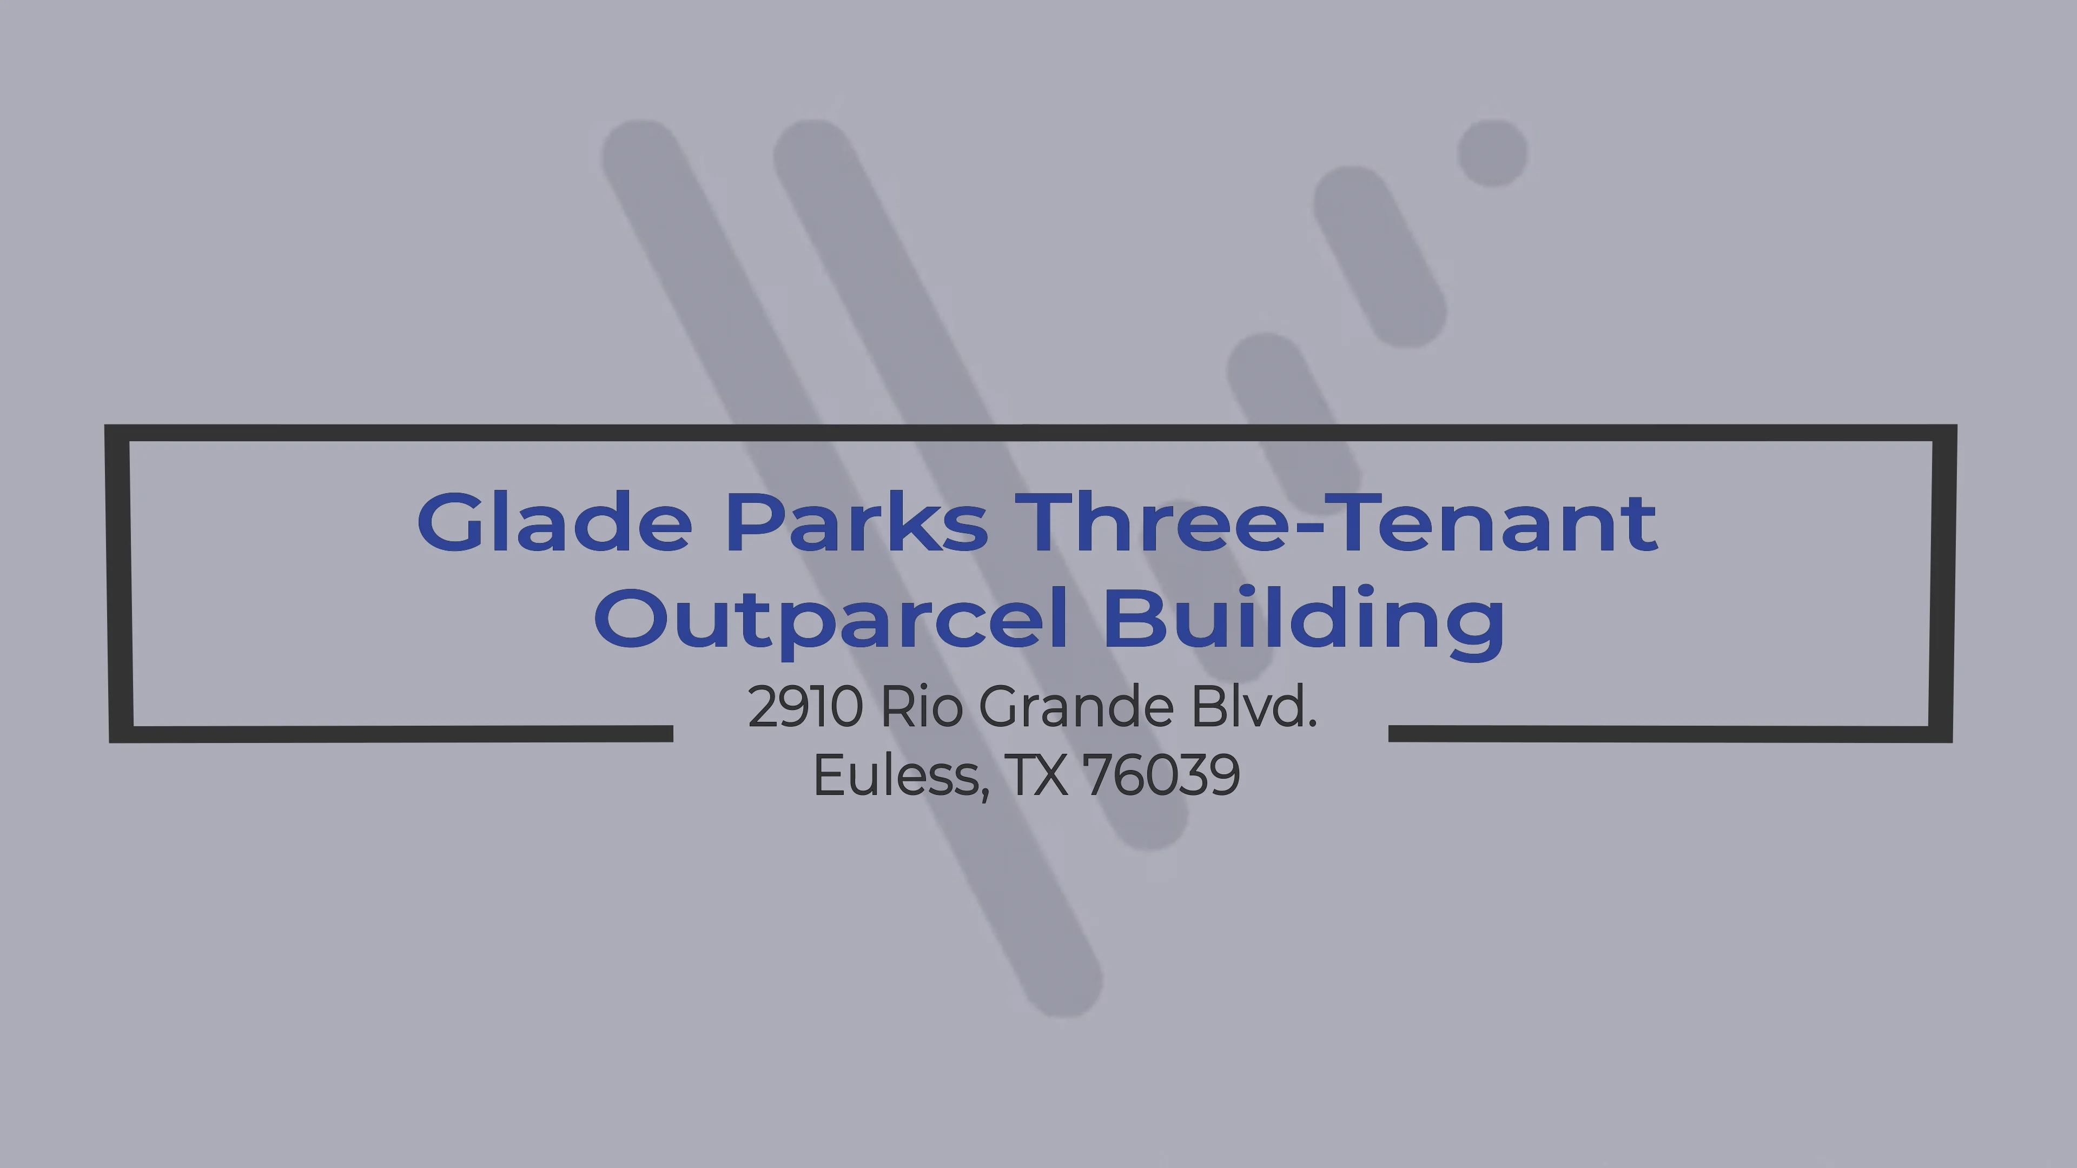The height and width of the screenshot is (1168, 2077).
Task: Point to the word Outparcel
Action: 830,619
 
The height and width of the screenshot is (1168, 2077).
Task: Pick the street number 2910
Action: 805,706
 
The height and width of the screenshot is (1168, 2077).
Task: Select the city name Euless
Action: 897,775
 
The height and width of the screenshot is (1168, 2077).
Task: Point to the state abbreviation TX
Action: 1038,775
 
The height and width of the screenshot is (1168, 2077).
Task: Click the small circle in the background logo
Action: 1492,153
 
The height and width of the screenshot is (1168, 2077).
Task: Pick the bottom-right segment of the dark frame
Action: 1669,734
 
